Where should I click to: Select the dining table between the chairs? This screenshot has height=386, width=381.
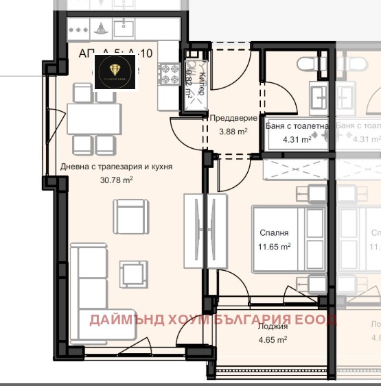pyautogui.click(x=94, y=118)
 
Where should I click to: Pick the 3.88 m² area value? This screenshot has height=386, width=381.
pyautogui.click(x=233, y=132)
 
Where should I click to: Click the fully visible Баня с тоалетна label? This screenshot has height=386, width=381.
pyautogui.click(x=297, y=126)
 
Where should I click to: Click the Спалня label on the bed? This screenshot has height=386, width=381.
pyautogui.click(x=274, y=233)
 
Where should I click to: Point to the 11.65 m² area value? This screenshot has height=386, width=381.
pyautogui.click(x=274, y=245)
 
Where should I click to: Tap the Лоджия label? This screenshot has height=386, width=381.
pyautogui.click(x=273, y=327)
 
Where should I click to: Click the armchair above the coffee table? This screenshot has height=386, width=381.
pyautogui.click(x=131, y=217)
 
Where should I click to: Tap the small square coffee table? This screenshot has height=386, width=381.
pyautogui.click(x=131, y=272)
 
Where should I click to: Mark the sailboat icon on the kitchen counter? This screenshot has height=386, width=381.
pyautogui.click(x=101, y=29)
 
